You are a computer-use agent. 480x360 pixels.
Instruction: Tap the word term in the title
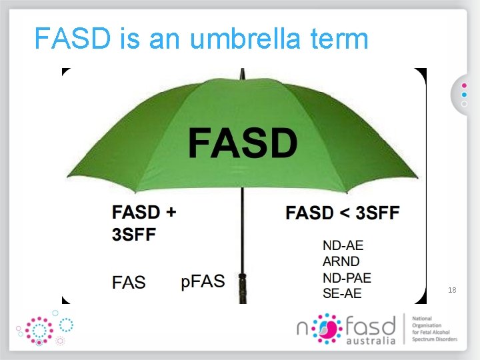point(339,39)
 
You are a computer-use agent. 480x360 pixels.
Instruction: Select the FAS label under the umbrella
point(129,283)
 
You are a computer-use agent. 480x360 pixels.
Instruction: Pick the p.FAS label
point(203,281)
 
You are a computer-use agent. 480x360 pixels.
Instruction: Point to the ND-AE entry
point(343,247)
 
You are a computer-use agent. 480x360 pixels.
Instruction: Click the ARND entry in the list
point(341,262)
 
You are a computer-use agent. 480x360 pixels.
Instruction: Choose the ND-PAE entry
point(347,277)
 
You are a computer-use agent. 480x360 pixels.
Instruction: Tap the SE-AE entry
point(342,293)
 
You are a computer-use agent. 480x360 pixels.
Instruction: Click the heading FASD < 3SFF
point(343,213)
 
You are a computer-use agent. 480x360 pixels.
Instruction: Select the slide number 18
point(452,291)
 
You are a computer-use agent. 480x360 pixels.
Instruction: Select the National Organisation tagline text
point(435,329)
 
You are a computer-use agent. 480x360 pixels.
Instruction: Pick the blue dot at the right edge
point(464,95)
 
